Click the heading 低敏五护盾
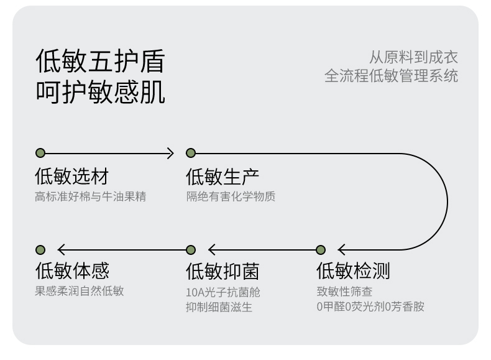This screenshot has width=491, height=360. pos(100,61)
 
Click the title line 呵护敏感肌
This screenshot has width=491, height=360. pos(100,92)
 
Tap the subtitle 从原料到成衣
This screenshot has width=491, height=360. pos(413,57)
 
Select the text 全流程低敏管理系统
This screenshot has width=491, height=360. pos(391,76)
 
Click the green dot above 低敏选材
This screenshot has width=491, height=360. pos(40,153)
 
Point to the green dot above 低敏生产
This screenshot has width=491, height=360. pos(191,153)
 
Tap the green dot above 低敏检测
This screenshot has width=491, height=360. pos(321,250)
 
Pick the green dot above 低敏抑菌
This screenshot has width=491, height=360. pos(191,250)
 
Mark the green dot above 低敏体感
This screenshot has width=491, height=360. pos(40,250)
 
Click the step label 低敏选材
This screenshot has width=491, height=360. pos(71,176)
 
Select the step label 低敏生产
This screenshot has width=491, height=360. pos(223,177)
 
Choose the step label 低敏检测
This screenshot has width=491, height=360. pos(353,270)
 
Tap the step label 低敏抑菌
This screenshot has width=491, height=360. pos(223,271)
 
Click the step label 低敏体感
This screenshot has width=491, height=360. pos(72,270)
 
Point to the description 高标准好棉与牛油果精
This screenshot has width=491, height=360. pos(91,196)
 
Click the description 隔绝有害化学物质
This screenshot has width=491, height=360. pos(231,196)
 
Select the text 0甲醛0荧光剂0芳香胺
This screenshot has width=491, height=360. pos(370,307)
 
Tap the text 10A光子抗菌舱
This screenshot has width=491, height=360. pos(223,292)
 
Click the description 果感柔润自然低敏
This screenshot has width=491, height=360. pos(80,291)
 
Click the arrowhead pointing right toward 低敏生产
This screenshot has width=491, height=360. pos(171,153)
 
